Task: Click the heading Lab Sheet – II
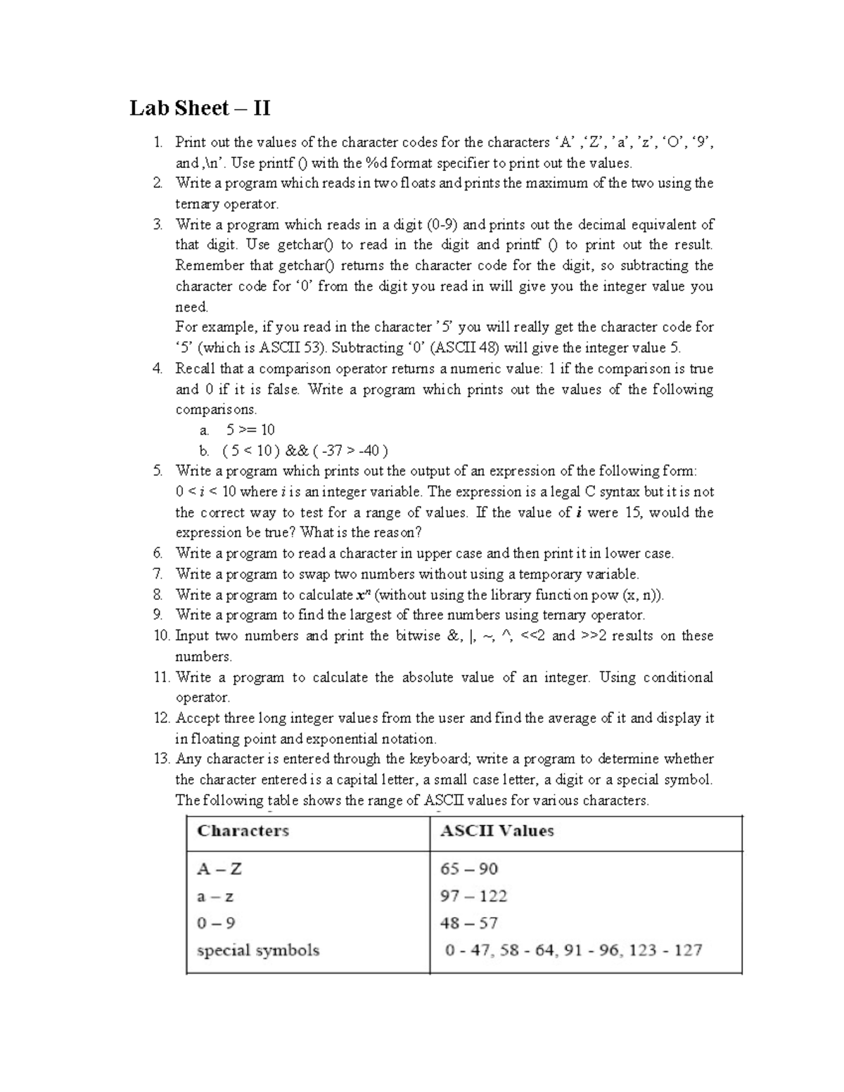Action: [x=200, y=108]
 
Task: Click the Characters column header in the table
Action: [x=243, y=830]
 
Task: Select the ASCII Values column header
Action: [x=497, y=830]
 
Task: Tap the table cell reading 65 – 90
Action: [x=468, y=868]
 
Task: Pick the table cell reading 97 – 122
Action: [x=473, y=896]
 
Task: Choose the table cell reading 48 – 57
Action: [x=468, y=923]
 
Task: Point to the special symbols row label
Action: [x=258, y=950]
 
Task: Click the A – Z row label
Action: [x=219, y=868]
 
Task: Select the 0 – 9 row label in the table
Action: [x=216, y=923]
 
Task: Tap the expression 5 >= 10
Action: [x=250, y=430]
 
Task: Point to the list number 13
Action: [x=162, y=759]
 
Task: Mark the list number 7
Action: [x=158, y=574]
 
